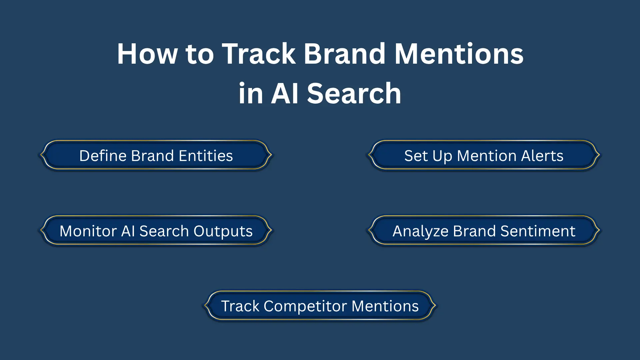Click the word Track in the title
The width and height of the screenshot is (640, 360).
(x=259, y=54)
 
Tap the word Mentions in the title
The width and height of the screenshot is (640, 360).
(x=459, y=54)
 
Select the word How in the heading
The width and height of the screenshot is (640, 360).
(x=147, y=54)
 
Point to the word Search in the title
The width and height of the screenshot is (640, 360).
(x=354, y=94)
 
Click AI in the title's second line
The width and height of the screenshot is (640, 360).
(x=284, y=94)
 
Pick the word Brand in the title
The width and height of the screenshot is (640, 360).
(x=344, y=54)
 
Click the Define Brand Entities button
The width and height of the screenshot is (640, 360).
(x=156, y=155)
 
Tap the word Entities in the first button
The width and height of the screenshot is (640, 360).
(x=206, y=156)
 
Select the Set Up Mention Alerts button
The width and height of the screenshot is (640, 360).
(x=484, y=155)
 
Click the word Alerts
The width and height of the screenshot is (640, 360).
(x=542, y=156)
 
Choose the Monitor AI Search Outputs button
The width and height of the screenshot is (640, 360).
(x=156, y=231)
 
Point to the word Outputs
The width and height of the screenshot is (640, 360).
(x=223, y=231)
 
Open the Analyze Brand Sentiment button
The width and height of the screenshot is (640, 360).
(x=484, y=231)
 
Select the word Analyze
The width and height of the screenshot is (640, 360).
(x=420, y=231)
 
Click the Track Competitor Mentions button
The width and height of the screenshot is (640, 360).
(x=320, y=306)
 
